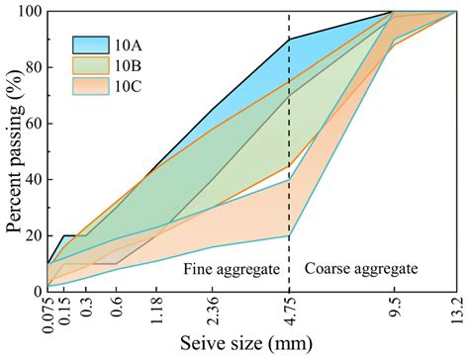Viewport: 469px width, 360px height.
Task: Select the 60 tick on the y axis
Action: [x=31, y=124]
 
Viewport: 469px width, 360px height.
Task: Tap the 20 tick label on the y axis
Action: [x=31, y=235]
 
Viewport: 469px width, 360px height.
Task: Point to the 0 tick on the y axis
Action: [x=35, y=291]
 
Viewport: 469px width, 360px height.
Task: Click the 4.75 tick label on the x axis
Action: [x=289, y=311]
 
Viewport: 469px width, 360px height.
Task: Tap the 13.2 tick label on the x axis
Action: [x=454, y=311]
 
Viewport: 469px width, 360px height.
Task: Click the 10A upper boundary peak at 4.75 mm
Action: [x=289, y=39]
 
